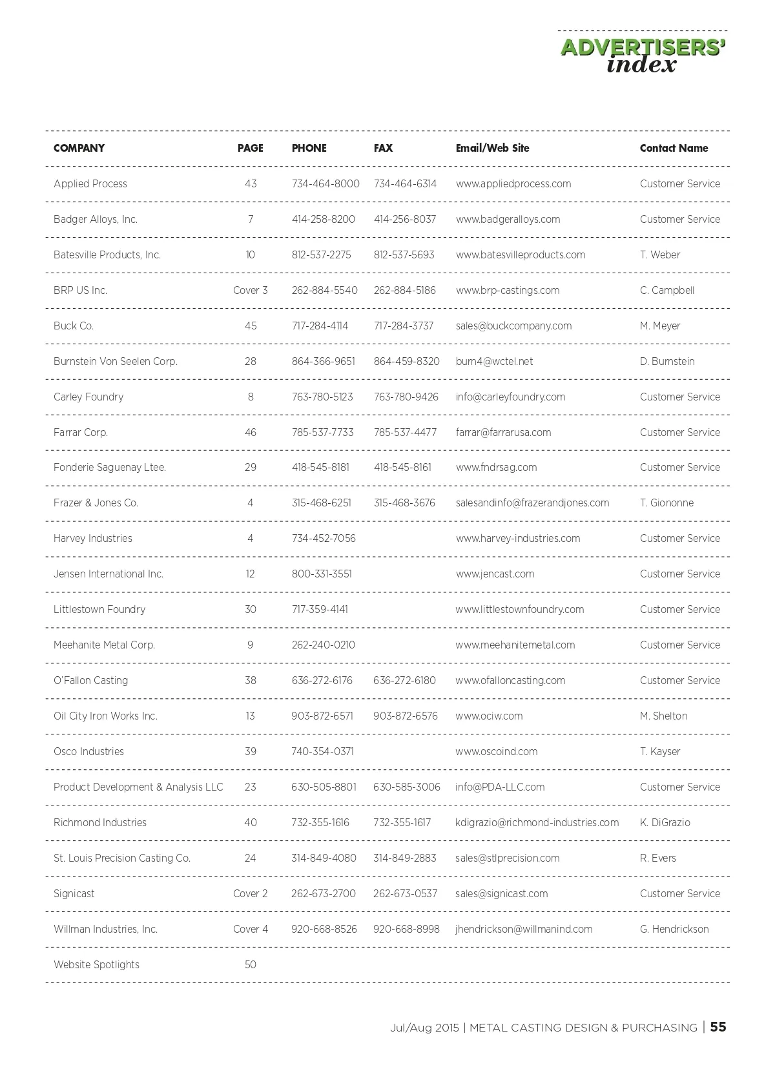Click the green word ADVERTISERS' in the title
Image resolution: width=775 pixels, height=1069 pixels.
643,48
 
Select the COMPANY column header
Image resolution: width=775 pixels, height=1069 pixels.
79,148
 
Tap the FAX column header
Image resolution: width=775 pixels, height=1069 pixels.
383,148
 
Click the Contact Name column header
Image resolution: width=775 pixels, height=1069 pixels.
674,148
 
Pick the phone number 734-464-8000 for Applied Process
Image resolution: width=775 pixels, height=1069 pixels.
325,183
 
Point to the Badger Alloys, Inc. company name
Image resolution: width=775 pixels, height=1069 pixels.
96,219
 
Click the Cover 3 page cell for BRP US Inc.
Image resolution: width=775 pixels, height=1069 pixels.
251,290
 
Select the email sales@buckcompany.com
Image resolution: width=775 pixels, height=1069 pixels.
513,326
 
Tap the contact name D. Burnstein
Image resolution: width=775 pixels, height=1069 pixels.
667,361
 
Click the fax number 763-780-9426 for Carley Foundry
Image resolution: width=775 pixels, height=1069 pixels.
406,397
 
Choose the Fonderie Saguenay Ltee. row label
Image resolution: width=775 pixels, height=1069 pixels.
110,467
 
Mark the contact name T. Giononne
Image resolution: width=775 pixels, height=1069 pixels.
666,503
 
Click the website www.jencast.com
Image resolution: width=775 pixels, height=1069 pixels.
495,574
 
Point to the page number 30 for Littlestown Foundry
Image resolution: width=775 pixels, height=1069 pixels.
251,609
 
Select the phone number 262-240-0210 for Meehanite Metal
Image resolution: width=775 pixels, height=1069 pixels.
323,645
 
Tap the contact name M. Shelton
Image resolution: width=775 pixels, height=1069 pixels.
663,716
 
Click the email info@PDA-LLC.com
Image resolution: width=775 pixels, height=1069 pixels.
500,787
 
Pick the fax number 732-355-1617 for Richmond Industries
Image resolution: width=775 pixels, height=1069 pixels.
402,822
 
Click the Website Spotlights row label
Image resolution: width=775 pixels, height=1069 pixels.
96,964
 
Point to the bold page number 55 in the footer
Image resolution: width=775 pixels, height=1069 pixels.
718,1027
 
